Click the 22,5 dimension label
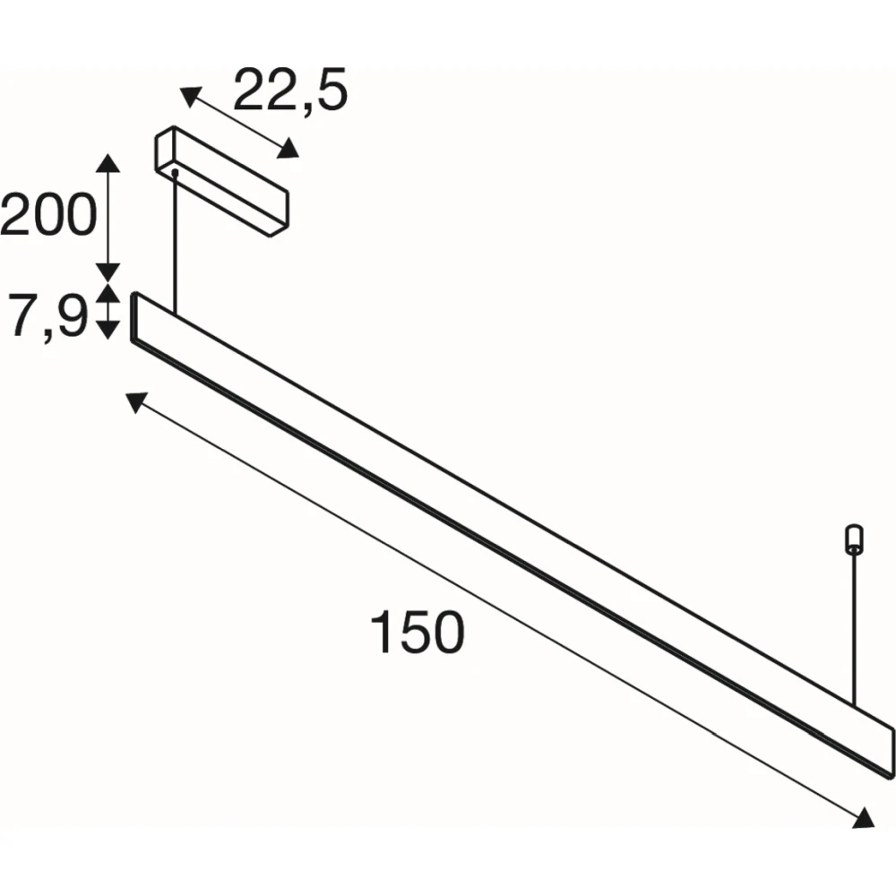pyautogui.click(x=290, y=90)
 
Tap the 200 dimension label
pyautogui.click(x=48, y=214)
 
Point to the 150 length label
pyautogui.click(x=418, y=632)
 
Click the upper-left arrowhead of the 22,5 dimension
pyautogui.click(x=190, y=97)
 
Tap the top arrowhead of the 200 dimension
pyautogui.click(x=108, y=163)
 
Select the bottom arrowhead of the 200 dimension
pyautogui.click(x=108, y=272)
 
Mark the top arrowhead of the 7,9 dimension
pyautogui.click(x=108, y=293)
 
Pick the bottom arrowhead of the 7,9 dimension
pyautogui.click(x=108, y=330)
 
